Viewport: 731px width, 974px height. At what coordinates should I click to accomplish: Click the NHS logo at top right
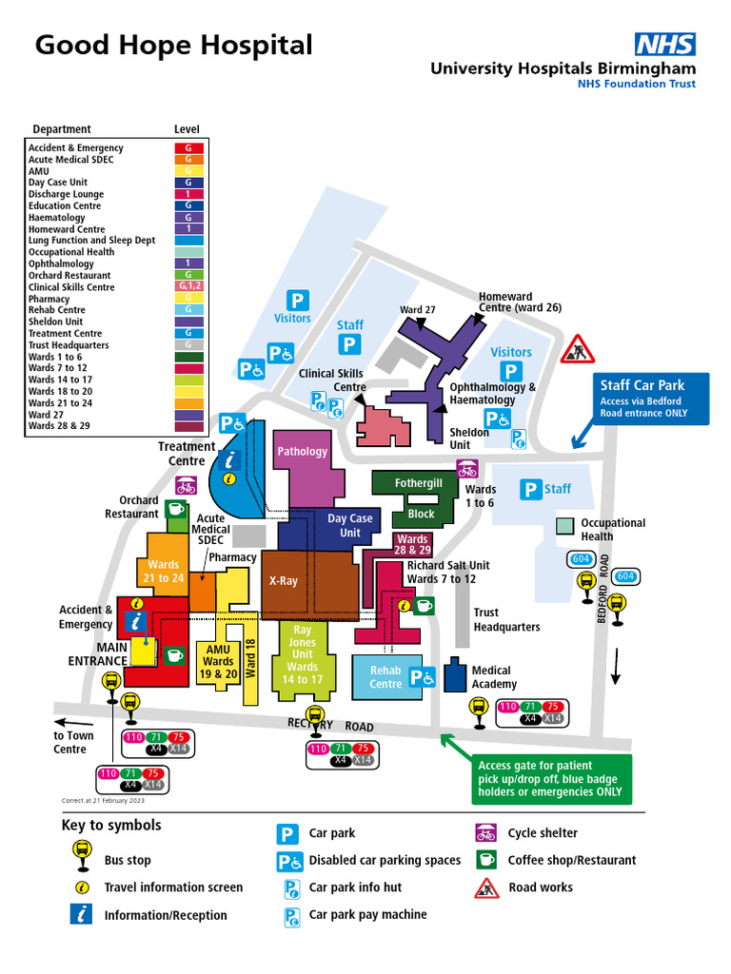point(665,44)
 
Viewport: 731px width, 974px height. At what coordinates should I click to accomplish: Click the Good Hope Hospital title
point(173,46)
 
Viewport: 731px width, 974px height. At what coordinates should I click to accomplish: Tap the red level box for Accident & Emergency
point(188,148)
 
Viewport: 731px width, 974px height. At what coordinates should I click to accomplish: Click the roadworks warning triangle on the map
point(577,349)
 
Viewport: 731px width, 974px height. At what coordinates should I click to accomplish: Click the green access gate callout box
point(552,778)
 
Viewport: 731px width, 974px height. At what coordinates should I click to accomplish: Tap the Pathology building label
point(302,452)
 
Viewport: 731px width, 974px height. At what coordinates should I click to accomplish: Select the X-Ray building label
point(284,580)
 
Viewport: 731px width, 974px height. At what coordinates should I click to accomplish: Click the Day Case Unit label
point(350,525)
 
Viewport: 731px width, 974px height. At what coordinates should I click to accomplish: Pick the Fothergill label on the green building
point(419,483)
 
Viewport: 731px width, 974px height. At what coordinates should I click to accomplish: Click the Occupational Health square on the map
point(565,525)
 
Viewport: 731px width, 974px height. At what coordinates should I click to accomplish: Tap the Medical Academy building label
point(493,677)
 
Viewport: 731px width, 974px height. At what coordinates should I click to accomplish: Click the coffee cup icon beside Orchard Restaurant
point(176,508)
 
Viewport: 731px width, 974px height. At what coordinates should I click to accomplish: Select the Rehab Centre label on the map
point(385,677)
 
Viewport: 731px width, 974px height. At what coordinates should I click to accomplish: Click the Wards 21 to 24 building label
point(164,571)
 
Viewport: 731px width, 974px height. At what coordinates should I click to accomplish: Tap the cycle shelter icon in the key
point(485,833)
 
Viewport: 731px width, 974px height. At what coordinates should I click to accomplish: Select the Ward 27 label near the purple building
point(417,310)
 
